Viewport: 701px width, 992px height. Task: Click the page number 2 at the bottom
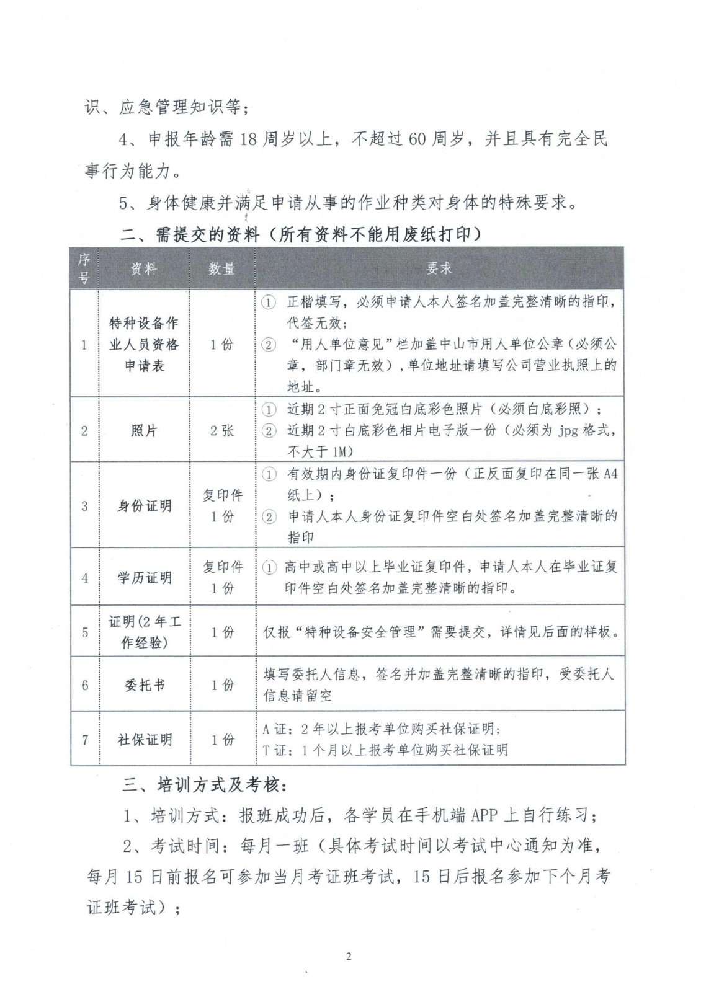coord(348,956)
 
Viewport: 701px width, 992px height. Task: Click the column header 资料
coord(144,268)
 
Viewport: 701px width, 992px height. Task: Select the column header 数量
coord(222,268)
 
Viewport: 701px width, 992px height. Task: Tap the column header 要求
coord(439,268)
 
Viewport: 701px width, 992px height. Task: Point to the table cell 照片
coord(144,430)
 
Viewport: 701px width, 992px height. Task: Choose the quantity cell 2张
coord(222,430)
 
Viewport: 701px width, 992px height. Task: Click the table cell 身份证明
coord(144,505)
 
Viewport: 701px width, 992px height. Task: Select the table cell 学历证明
coord(144,577)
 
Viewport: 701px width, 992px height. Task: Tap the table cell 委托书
coord(144,685)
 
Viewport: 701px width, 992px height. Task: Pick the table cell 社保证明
coord(144,739)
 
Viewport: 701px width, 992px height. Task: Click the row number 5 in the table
coord(85,632)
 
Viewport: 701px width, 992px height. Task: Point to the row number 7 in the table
coord(85,739)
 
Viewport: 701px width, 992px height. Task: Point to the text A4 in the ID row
coord(610,474)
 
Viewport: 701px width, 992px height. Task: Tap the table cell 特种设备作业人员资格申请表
coord(144,344)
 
